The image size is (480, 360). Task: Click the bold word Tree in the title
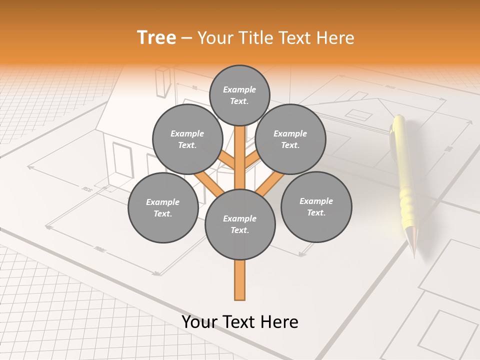156,38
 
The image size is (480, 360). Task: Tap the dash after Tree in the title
187,38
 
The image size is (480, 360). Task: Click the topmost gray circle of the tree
239,95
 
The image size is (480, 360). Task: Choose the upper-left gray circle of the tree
187,139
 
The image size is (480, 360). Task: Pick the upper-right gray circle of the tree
290,139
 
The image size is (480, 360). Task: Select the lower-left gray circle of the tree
163,207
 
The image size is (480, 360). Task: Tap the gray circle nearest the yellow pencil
316,207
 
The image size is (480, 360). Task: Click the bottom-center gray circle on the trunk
240,224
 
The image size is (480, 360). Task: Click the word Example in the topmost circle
239,89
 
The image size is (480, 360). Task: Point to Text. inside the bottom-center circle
239,230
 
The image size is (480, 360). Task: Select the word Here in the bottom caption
280,322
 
